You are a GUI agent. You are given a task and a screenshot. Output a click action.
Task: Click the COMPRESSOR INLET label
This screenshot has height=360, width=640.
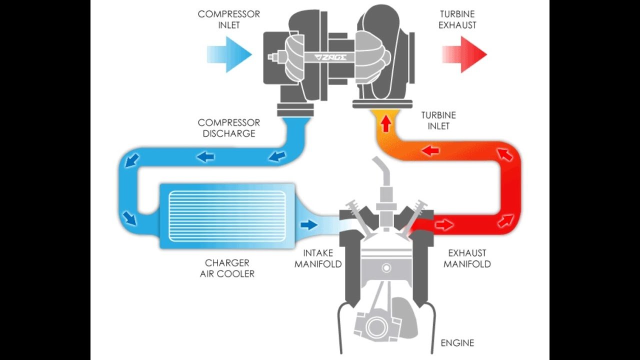[x=228, y=19]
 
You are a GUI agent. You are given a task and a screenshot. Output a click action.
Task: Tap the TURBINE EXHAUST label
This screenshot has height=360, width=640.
[x=457, y=19]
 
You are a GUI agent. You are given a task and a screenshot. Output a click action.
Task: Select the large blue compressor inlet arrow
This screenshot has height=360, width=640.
[x=229, y=54]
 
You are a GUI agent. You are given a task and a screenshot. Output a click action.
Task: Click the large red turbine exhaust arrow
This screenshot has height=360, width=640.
[x=464, y=54]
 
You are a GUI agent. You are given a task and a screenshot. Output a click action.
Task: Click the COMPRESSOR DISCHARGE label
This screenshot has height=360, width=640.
[x=228, y=128]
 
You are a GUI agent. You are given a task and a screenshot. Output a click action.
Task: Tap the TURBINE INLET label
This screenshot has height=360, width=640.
[x=438, y=120]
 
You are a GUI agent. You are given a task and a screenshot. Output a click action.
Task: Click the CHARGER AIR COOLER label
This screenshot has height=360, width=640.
[x=227, y=268]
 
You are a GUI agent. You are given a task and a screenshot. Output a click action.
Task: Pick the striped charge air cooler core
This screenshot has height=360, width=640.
[x=227, y=215]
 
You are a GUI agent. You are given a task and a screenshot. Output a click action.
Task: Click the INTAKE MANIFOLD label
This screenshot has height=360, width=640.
[x=318, y=258]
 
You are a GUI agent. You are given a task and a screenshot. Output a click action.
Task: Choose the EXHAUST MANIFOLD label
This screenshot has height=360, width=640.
[x=467, y=258]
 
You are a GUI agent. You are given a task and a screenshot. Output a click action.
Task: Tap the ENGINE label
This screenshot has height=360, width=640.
[x=457, y=343]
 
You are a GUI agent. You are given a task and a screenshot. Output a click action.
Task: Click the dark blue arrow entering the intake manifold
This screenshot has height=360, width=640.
[x=309, y=224]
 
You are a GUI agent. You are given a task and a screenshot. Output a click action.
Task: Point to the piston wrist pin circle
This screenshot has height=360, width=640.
[x=385, y=268]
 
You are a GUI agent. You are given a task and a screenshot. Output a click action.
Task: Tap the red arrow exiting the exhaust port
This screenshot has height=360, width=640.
[x=444, y=225]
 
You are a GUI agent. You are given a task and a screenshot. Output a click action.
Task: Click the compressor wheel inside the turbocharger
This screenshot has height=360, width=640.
[x=295, y=58]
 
